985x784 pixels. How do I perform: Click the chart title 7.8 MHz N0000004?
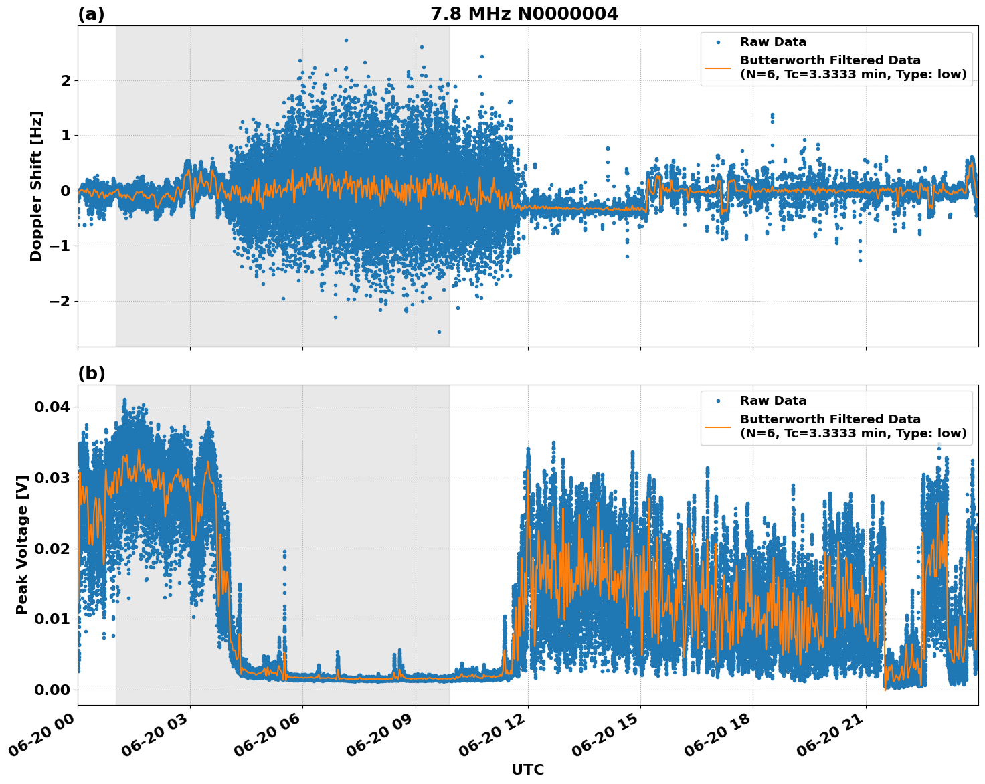pyautogui.click(x=524, y=14)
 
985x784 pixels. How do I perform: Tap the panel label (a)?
pyautogui.click(x=91, y=14)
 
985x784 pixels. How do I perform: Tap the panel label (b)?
pyautogui.click(x=91, y=373)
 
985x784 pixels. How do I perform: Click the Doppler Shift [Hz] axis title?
pyautogui.click(x=36, y=186)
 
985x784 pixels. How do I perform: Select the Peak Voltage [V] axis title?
pyautogui.click(x=22, y=545)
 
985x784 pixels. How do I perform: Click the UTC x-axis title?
pyautogui.click(x=527, y=769)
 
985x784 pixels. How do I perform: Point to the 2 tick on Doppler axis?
pyautogui.click(x=66, y=81)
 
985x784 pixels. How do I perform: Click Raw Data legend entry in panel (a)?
pyautogui.click(x=773, y=42)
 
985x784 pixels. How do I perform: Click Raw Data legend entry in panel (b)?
pyautogui.click(x=773, y=401)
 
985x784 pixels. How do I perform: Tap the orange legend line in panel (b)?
pyautogui.click(x=717, y=426)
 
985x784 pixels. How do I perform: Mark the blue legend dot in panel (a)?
pyautogui.click(x=717, y=42)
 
